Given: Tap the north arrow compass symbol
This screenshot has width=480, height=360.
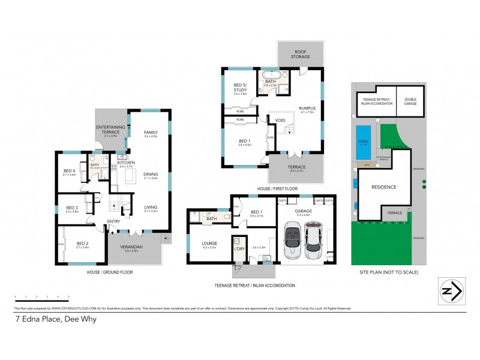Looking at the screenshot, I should click(x=452, y=291).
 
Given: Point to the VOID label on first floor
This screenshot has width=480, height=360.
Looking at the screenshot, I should click(x=280, y=120).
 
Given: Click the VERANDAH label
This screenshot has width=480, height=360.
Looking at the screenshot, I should click(x=130, y=247).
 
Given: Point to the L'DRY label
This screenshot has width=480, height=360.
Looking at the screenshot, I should click(x=238, y=248).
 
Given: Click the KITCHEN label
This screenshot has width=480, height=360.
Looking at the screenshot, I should click(x=125, y=162).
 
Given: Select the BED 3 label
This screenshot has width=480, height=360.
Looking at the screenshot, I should click(x=71, y=209).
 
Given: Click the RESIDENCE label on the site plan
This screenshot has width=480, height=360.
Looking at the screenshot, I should click(x=383, y=187).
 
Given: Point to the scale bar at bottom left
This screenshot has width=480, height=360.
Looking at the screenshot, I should click(x=41, y=296).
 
